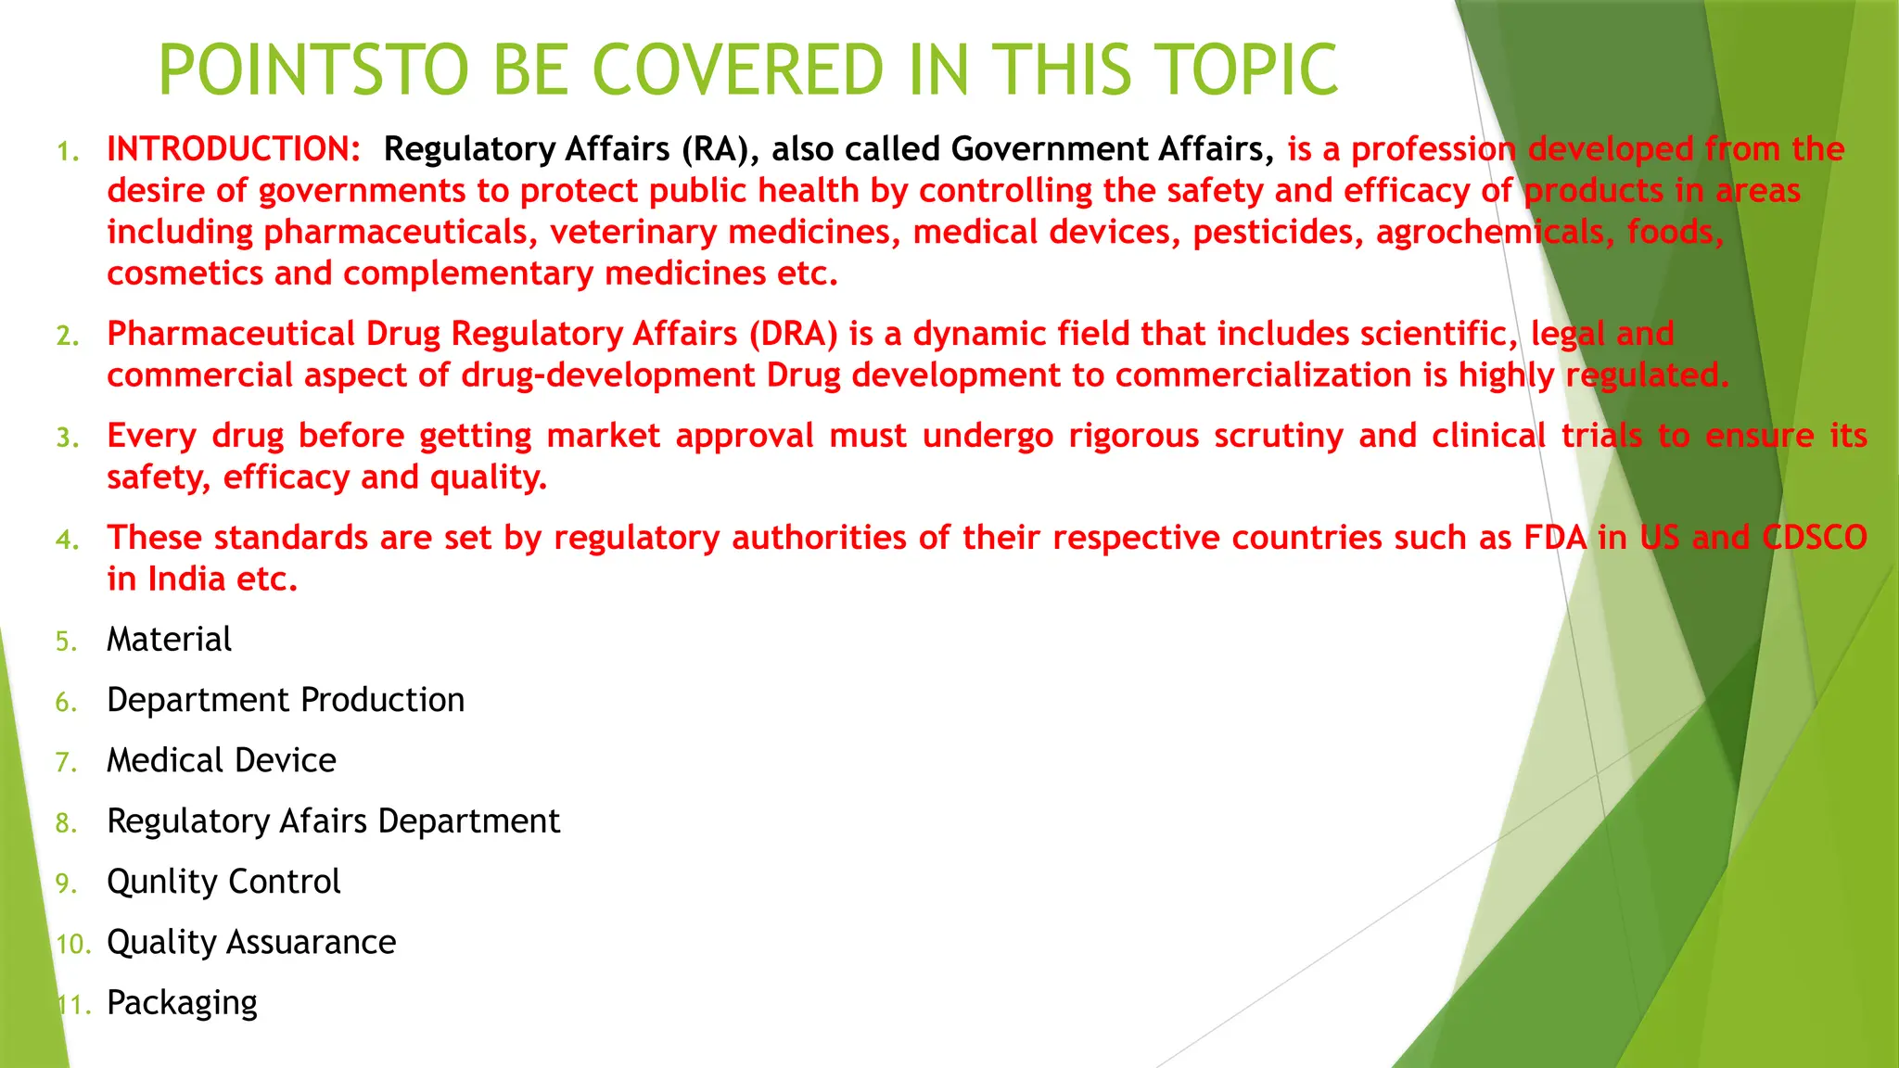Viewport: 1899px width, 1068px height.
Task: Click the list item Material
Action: [x=169, y=640]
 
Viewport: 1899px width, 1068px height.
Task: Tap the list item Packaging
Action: [x=182, y=1003]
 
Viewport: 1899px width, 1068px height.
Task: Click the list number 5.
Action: [x=66, y=642]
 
